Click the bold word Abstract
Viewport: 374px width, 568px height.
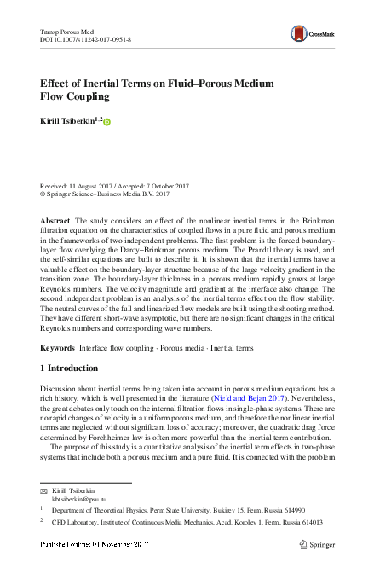[55, 221]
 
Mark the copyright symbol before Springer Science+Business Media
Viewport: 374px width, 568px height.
[44, 194]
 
